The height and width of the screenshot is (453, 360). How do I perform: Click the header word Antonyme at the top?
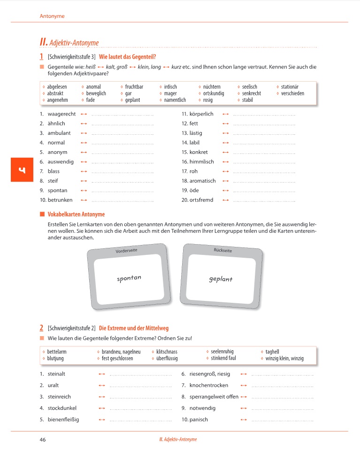(x=52, y=16)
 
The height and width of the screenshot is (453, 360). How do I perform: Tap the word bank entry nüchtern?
(x=212, y=87)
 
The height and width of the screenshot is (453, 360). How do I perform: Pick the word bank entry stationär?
(x=290, y=87)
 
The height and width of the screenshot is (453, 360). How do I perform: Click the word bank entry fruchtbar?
(x=134, y=87)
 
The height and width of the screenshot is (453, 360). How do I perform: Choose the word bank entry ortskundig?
(x=214, y=93)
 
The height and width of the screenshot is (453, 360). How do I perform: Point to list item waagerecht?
(x=61, y=114)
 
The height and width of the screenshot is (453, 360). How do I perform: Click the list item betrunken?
(x=60, y=200)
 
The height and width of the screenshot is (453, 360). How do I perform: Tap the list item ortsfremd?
(x=201, y=200)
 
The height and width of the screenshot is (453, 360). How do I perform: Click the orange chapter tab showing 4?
(x=21, y=169)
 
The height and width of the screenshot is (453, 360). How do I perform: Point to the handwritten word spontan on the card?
(x=129, y=278)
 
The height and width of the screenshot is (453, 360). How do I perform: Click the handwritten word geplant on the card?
(x=221, y=279)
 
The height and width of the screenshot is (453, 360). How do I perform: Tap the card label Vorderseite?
(x=126, y=251)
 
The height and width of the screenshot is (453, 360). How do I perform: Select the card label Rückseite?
(x=223, y=251)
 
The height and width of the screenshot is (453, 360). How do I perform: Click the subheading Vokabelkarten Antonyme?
(x=76, y=215)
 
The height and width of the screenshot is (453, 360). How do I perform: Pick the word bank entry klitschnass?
(x=167, y=352)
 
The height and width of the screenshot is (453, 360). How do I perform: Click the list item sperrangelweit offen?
(x=214, y=397)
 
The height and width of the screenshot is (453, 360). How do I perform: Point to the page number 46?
(x=43, y=439)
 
